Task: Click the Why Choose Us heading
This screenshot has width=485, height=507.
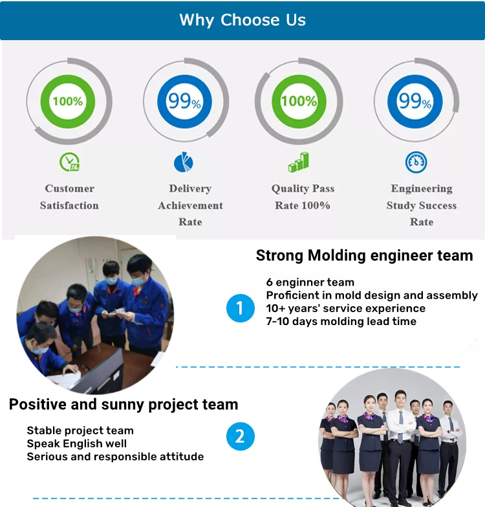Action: [242, 20]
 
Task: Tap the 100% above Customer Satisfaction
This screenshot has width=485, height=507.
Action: [68, 101]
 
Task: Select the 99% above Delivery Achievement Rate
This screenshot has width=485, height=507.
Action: [185, 101]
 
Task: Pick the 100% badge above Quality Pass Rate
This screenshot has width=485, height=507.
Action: [299, 101]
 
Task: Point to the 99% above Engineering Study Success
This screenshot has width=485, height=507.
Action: [415, 101]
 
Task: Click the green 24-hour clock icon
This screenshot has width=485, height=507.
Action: [69, 162]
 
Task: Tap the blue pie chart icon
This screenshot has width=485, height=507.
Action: [184, 162]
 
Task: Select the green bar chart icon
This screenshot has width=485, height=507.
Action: [298, 162]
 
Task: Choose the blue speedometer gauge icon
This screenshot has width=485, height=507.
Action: [416, 162]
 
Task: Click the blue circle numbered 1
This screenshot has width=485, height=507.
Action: [241, 308]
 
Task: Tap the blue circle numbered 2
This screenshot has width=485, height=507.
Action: [241, 436]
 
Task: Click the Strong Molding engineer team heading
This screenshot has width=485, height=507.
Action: [364, 255]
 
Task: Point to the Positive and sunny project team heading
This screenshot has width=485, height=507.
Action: [124, 405]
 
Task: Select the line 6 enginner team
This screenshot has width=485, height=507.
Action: [310, 282]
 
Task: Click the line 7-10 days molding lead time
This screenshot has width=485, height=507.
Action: [341, 321]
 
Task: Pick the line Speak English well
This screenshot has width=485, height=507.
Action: [76, 444]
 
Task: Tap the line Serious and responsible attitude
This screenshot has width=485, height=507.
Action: [115, 456]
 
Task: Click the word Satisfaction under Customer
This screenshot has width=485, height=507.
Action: [69, 205]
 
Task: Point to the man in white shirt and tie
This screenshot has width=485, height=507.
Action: [400, 443]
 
